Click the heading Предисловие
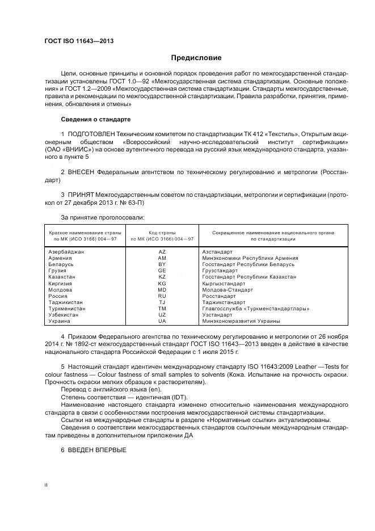(197, 58)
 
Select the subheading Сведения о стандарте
(95, 120)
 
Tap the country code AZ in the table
(162, 251)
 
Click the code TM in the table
(162, 309)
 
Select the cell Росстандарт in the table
(219, 296)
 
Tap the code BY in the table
(162, 264)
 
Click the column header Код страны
(162, 233)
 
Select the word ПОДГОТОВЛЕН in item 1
(90, 133)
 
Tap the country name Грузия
(59, 271)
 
